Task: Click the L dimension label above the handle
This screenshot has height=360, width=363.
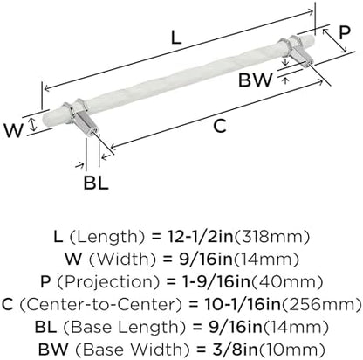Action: tap(176, 38)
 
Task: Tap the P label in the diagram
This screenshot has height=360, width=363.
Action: tap(345, 32)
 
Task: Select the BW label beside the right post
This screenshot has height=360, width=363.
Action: tap(256, 80)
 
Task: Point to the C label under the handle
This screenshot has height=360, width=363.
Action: tap(220, 126)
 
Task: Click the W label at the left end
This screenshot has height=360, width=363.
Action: tap(13, 130)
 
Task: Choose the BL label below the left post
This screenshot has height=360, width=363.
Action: tap(96, 183)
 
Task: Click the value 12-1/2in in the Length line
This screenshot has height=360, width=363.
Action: tap(201, 237)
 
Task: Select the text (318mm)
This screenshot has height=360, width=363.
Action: tap(271, 237)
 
